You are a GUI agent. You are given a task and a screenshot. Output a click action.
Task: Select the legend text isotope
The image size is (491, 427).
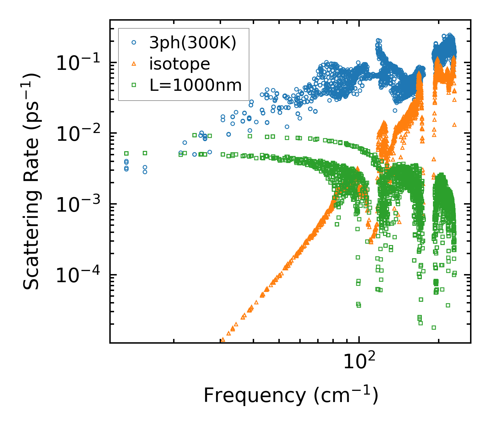click(180, 64)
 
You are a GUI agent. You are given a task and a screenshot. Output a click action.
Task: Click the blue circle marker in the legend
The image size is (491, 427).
click(134, 43)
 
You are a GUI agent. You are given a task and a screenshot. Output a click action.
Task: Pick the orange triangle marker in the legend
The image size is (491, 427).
click(134, 63)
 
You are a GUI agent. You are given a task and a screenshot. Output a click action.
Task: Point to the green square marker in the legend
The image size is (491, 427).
click(134, 85)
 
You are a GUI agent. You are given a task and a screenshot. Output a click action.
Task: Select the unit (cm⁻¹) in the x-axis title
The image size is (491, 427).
click(346, 395)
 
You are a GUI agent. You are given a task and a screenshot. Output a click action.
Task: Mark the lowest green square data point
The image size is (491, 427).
click(434, 327)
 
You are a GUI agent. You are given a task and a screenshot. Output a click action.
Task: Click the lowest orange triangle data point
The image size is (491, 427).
click(222, 339)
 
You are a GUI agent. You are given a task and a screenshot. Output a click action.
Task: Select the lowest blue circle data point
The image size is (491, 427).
click(145, 172)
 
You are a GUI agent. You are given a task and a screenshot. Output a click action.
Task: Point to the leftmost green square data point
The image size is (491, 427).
click(126, 153)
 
